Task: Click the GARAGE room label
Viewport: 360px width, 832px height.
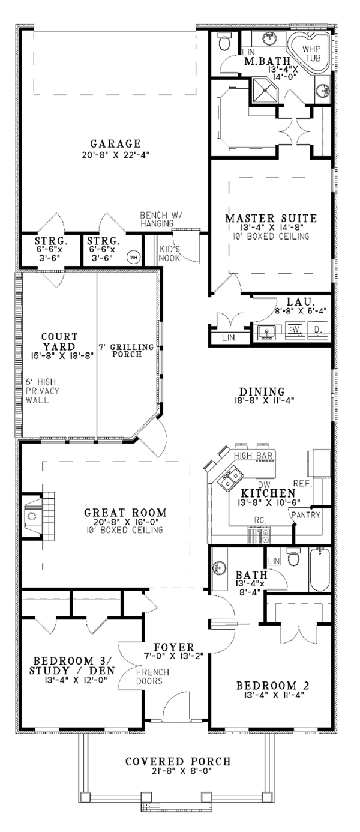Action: click(115, 143)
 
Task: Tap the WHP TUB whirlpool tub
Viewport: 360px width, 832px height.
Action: click(309, 53)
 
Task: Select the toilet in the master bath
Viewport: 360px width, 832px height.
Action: click(224, 42)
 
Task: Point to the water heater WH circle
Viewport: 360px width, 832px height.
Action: click(133, 256)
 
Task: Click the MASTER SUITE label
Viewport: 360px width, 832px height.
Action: click(271, 218)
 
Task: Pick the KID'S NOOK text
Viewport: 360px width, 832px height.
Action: click(170, 253)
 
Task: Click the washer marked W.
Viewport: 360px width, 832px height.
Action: click(296, 329)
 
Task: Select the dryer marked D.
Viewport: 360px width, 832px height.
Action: click(317, 329)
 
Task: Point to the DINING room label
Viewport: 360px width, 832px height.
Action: click(262, 391)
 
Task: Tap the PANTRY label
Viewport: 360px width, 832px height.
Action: click(306, 514)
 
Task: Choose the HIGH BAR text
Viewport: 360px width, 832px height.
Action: click(253, 456)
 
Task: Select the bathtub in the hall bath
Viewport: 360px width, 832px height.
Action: click(320, 570)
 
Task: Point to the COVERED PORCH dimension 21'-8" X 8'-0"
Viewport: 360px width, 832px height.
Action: click(181, 771)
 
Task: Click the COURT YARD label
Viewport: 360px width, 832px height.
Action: click(59, 342)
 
